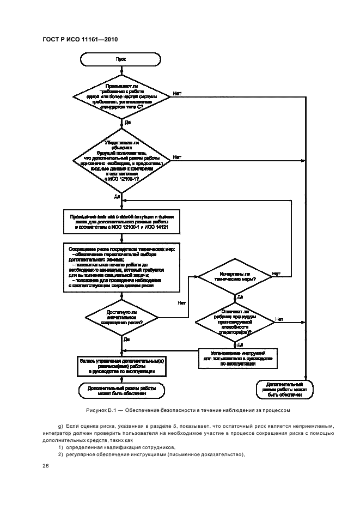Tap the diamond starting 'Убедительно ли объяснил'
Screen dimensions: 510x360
[x=120, y=160]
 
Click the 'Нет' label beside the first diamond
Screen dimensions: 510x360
[x=177, y=94]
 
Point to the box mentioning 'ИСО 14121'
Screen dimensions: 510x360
[x=120, y=222]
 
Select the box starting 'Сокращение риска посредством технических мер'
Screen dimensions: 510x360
[x=121, y=265]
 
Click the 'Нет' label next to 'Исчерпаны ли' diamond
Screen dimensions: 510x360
[x=276, y=273]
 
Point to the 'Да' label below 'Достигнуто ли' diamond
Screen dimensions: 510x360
[x=126, y=339]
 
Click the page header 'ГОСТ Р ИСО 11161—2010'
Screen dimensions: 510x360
[x=80, y=39]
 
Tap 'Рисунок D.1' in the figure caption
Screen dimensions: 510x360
[x=101, y=409]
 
